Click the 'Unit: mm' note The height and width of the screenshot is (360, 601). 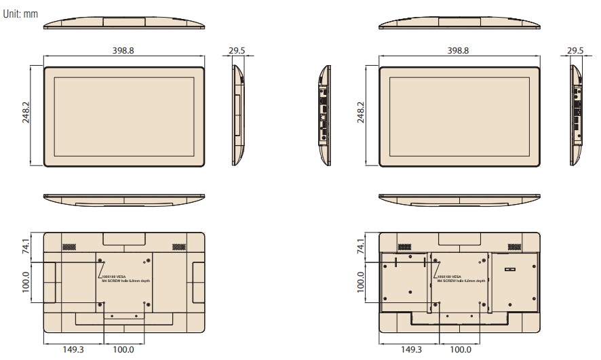click(20, 13)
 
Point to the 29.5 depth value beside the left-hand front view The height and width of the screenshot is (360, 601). click(237, 51)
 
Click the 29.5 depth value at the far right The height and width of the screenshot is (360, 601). click(575, 51)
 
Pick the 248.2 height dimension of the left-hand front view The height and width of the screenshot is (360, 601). click(25, 116)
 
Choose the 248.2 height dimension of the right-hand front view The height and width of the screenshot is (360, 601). click(360, 116)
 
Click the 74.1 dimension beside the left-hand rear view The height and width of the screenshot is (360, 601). click(26, 245)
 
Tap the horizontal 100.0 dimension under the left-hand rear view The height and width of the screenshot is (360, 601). click(123, 350)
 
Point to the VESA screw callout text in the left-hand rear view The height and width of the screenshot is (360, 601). click(125, 279)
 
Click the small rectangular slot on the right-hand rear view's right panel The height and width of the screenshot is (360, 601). click(511, 269)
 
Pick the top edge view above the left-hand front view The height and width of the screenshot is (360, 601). click(123, 22)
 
